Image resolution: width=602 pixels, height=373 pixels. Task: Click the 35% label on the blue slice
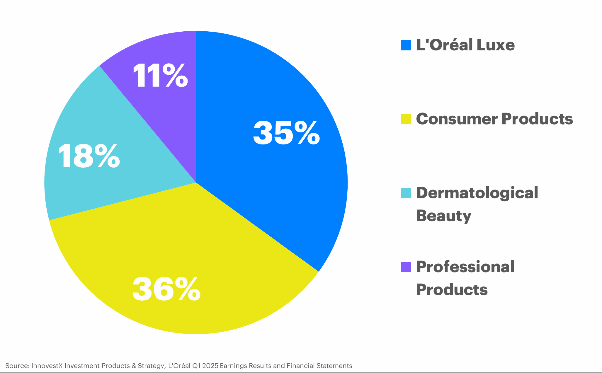tap(286, 133)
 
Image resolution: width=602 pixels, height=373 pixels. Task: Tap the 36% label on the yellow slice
tap(166, 290)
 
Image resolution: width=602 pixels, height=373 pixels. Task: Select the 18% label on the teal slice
tap(89, 156)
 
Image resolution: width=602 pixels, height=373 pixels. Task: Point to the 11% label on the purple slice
tap(160, 76)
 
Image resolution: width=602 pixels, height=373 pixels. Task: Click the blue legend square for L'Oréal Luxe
tap(406, 45)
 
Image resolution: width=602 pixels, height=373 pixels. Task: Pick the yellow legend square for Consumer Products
tap(406, 119)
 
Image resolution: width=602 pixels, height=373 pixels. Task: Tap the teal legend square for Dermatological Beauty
tap(406, 193)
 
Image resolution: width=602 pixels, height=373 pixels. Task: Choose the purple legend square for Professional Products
tap(406, 267)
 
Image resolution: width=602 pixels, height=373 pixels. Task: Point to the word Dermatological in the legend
tap(477, 193)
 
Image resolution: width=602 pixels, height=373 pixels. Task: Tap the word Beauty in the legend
tap(443, 216)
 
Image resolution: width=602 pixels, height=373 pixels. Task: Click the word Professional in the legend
tap(465, 267)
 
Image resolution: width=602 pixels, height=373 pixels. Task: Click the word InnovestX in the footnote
tap(47, 366)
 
